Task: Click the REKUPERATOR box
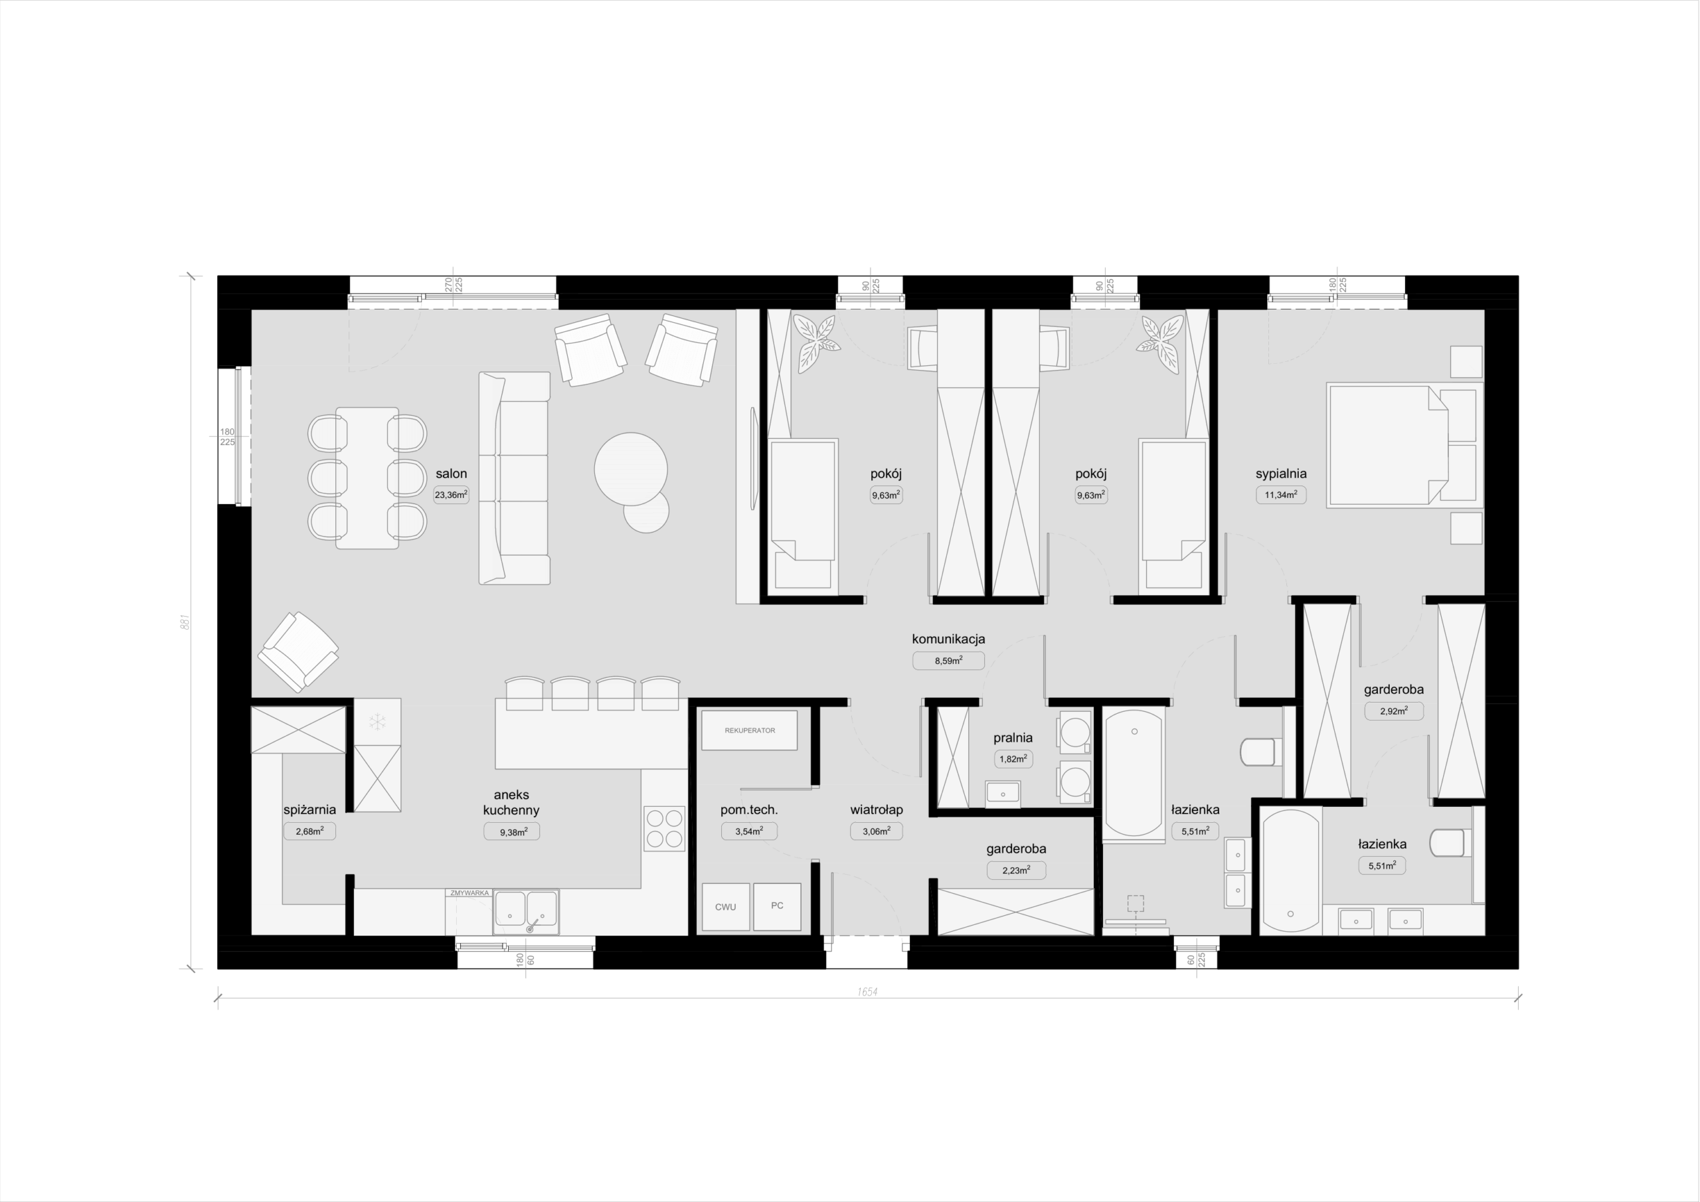(x=749, y=730)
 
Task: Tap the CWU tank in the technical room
(x=726, y=907)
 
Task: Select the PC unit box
(x=778, y=906)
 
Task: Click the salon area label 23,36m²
(x=451, y=495)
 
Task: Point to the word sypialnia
(x=1281, y=474)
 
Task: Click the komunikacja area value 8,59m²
(x=948, y=661)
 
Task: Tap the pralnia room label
(x=1013, y=738)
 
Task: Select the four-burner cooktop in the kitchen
(x=664, y=829)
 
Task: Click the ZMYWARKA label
(x=469, y=893)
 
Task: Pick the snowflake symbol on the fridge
(x=378, y=722)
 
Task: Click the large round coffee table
(x=631, y=470)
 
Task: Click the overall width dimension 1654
(x=868, y=991)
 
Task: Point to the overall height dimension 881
(x=186, y=622)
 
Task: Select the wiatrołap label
(x=877, y=810)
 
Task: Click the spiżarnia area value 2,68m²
(x=309, y=831)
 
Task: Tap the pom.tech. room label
(x=749, y=810)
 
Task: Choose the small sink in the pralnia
(x=1003, y=793)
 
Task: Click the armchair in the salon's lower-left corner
(x=298, y=651)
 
